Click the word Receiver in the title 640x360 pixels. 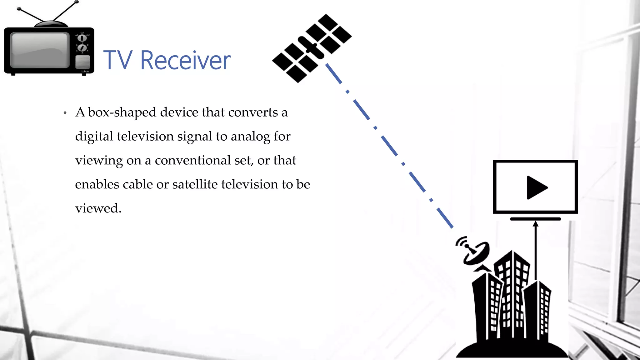click(x=185, y=60)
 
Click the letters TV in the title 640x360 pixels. click(x=117, y=60)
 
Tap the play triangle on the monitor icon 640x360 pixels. click(x=536, y=187)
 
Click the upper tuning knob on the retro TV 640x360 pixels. click(x=82, y=38)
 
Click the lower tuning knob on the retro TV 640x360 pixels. click(x=82, y=48)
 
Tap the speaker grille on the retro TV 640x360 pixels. click(x=82, y=62)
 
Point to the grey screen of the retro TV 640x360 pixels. click(x=40, y=50)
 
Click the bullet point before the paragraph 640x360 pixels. click(x=65, y=113)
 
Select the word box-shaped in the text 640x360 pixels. click(x=122, y=112)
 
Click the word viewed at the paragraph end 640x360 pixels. click(x=98, y=208)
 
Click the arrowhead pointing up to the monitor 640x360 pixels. click(x=536, y=224)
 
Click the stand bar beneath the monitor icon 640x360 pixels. click(x=535, y=219)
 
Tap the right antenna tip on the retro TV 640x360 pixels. click(x=77, y=2)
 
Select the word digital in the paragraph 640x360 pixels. click(x=94, y=137)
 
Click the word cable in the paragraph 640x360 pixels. click(x=137, y=184)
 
